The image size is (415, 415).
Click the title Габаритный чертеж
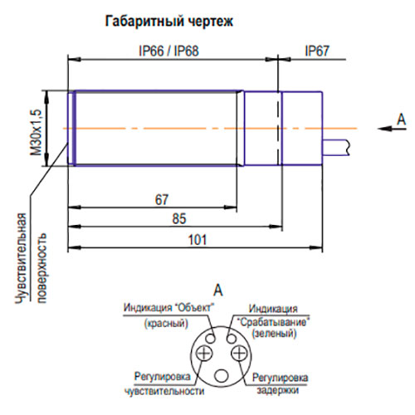[x=169, y=22]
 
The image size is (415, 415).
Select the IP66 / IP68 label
[x=168, y=51]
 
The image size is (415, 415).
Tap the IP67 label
[x=317, y=51]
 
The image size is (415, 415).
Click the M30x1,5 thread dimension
[x=37, y=132]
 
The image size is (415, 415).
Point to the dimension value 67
[x=162, y=200]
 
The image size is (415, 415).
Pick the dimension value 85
[x=179, y=218]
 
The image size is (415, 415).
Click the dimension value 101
[x=198, y=240]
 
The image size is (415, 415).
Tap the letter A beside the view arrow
[x=401, y=120]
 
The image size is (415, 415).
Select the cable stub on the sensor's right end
[x=336, y=148]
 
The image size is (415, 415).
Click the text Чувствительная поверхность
[x=31, y=259]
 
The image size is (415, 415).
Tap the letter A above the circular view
[x=218, y=290]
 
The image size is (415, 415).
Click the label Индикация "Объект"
[x=169, y=308]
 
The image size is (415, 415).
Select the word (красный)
[x=166, y=323]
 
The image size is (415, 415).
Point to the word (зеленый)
[x=274, y=334]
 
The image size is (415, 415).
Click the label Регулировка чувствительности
[x=164, y=383]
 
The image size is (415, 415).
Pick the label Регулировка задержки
[x=280, y=383]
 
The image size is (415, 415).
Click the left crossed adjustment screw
[x=204, y=353]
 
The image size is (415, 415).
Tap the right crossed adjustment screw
[x=239, y=353]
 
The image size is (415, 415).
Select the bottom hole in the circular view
[x=222, y=376]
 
